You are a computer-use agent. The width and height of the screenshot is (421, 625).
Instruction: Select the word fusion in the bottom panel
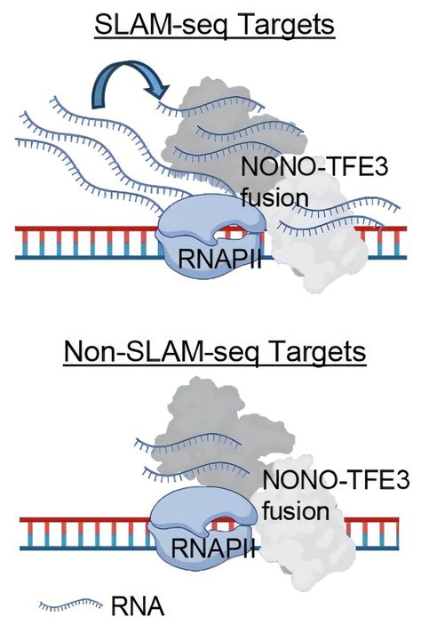298,512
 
